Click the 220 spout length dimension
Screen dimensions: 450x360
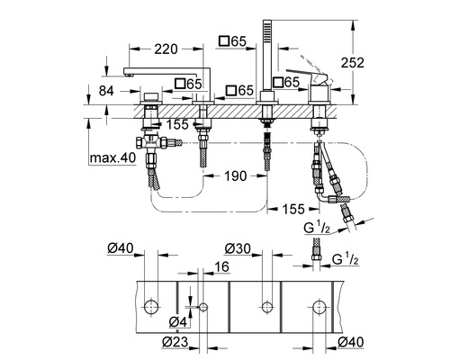coord(166,49)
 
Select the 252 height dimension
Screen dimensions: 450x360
coord(353,62)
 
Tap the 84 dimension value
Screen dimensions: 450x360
coord(106,91)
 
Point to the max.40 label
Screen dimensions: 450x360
coord(112,157)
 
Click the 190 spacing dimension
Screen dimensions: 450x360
coord(236,176)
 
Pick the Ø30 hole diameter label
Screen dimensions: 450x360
coord(238,248)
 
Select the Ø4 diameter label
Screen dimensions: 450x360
coord(178,322)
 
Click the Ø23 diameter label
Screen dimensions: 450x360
coord(175,342)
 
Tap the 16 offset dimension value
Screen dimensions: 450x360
coord(222,266)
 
